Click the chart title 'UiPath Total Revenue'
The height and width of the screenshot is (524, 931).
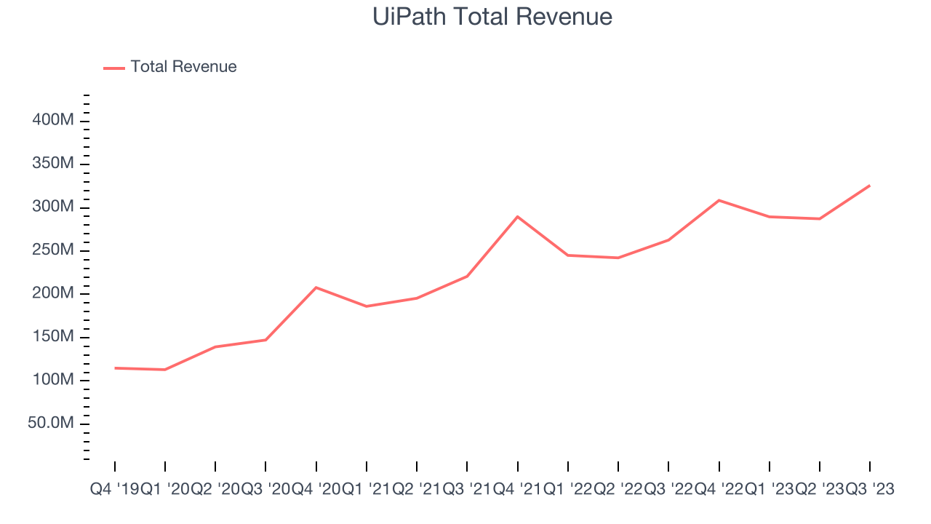click(x=492, y=17)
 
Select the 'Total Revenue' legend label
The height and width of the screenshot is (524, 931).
click(x=183, y=67)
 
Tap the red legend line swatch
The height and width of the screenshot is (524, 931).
click(x=114, y=68)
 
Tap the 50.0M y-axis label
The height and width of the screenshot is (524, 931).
click(x=51, y=424)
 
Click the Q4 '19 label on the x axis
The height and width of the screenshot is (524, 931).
click(x=114, y=490)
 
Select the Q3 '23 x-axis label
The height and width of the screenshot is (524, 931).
click(x=869, y=490)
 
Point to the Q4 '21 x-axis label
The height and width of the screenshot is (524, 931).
click(x=517, y=490)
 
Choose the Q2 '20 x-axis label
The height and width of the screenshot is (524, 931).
click(x=215, y=490)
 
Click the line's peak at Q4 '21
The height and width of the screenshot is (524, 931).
click(x=517, y=217)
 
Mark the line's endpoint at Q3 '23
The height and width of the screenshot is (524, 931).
click(x=870, y=186)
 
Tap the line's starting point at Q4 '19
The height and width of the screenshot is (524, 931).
click(x=115, y=368)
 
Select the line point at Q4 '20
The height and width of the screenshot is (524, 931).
click(x=316, y=287)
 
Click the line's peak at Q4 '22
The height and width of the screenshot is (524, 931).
click(x=719, y=200)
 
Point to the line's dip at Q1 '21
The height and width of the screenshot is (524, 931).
click(x=367, y=306)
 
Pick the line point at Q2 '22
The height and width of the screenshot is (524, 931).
click(x=618, y=258)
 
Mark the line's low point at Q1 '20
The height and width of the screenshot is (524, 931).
click(x=165, y=370)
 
